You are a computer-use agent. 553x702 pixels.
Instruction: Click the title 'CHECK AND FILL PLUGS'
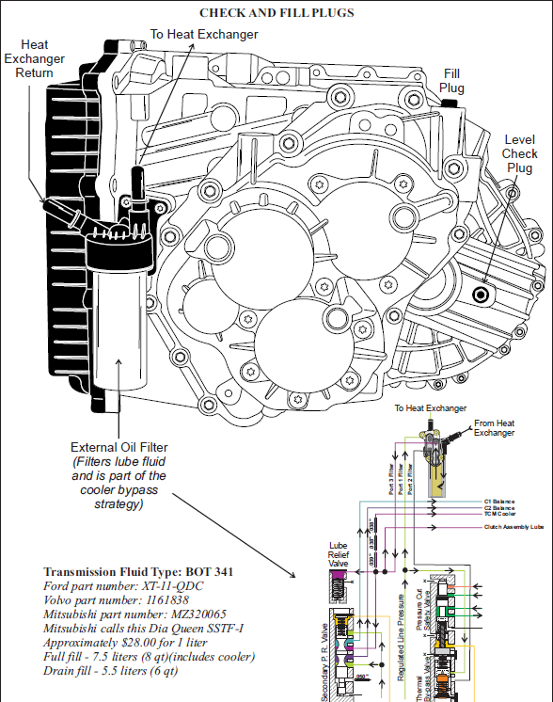276,13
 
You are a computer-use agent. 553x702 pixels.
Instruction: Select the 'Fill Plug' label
452,81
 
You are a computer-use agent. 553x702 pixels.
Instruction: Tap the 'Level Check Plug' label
519,153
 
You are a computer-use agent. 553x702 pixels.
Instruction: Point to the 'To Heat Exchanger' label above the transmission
203,34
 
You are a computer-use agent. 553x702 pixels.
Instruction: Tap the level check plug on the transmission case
482,295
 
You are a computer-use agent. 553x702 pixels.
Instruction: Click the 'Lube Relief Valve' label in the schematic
339,556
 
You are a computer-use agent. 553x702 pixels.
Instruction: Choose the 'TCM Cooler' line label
499,514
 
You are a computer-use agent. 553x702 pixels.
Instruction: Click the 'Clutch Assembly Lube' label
513,527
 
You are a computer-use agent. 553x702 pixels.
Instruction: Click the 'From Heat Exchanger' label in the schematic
494,428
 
